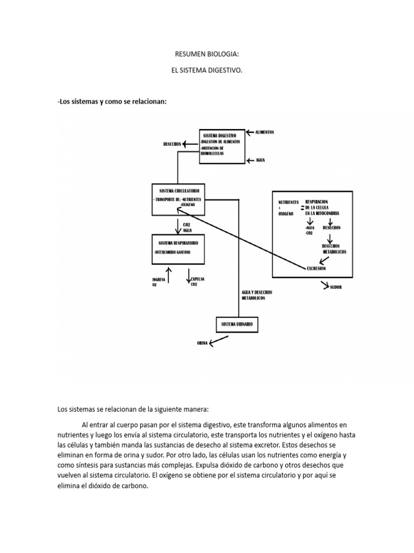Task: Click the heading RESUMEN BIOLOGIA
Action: [206, 55]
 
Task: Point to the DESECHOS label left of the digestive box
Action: [171, 144]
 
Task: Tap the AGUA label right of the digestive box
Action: [261, 160]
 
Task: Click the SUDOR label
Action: [335, 287]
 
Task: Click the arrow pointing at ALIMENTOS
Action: [249, 132]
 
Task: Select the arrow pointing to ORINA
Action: [218, 340]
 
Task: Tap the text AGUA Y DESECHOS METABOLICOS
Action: [257, 295]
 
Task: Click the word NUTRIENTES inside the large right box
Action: [288, 201]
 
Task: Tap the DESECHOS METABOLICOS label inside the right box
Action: [334, 249]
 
